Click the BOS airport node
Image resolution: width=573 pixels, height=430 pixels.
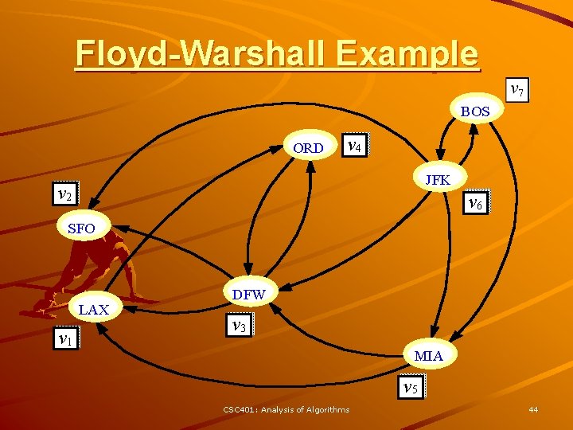(x=475, y=111)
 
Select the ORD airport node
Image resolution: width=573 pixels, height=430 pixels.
(x=308, y=148)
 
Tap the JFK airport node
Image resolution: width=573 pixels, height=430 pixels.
(x=438, y=180)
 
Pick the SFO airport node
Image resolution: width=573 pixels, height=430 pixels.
(x=81, y=229)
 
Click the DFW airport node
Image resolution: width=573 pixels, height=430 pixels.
(x=248, y=295)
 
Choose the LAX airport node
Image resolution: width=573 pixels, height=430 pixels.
(x=94, y=309)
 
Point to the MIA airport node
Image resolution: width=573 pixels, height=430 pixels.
(x=429, y=354)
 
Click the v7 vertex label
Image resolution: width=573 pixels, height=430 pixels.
(x=516, y=89)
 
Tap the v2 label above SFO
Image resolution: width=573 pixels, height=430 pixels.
(x=64, y=193)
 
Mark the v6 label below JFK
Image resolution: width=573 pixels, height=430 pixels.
(x=476, y=203)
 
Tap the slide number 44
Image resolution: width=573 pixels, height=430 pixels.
(x=533, y=409)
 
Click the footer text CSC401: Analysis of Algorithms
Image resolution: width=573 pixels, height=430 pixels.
(x=286, y=409)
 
